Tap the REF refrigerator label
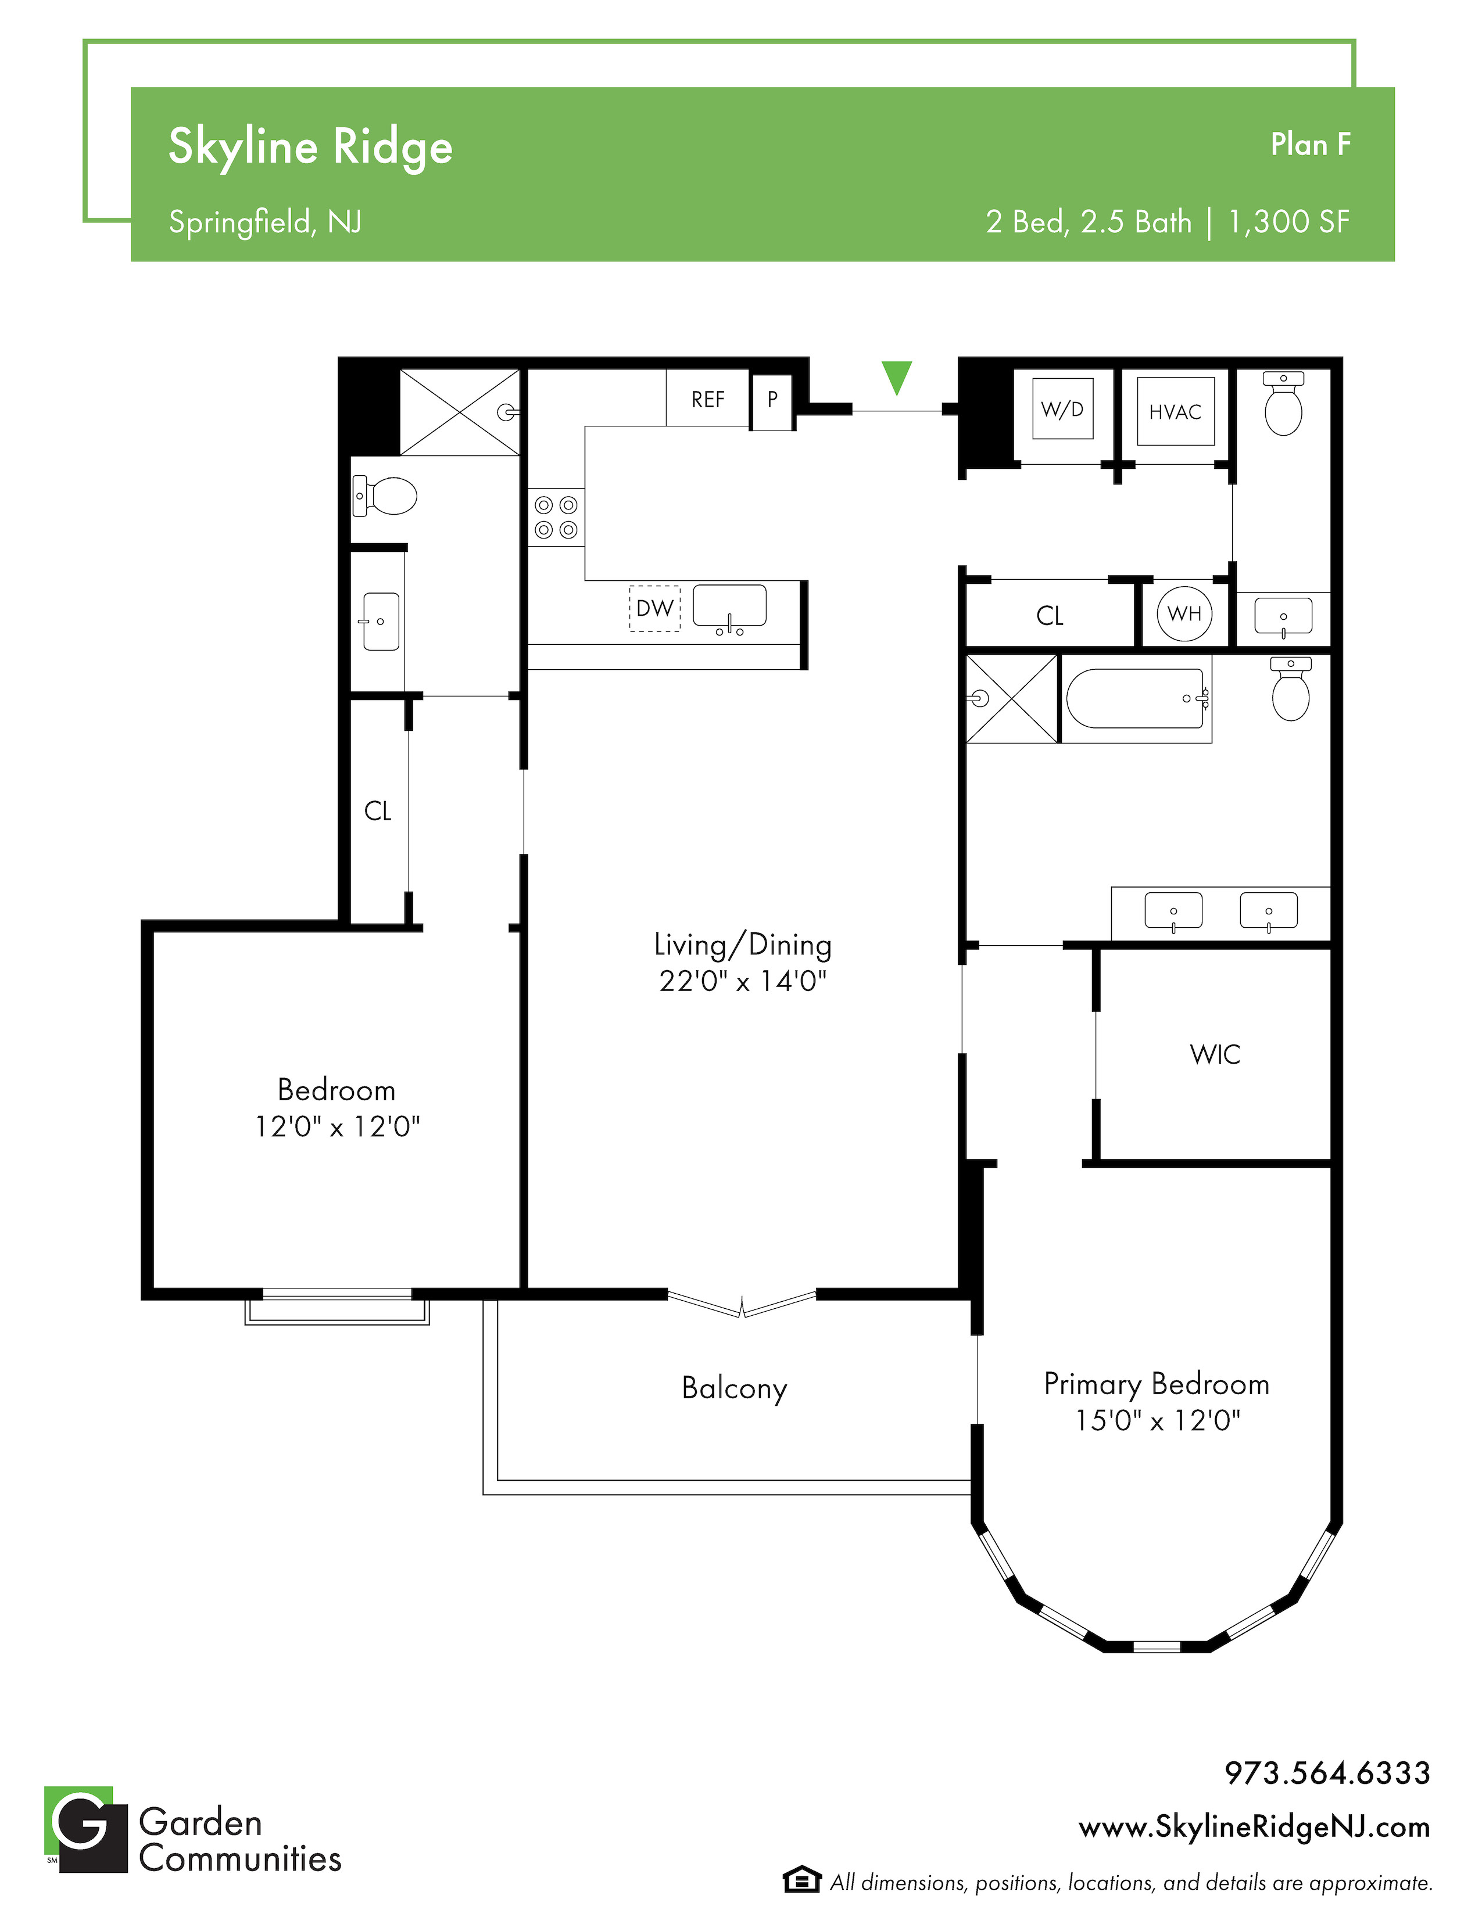pos(708,400)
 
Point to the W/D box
pos(1062,408)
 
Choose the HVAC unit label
pos(1175,412)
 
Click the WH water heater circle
pos(1184,613)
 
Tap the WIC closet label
pos(1215,1054)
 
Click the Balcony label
pos(734,1388)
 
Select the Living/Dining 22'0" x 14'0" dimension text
pos(743,981)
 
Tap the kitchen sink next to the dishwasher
pos(729,608)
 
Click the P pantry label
pos(772,400)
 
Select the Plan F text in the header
pos(1311,145)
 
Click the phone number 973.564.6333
pos(1327,1773)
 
